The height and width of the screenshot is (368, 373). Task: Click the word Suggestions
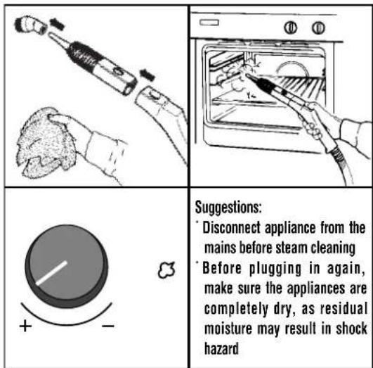tap(228, 208)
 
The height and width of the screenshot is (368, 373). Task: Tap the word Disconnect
tap(231, 227)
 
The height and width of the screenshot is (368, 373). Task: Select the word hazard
tap(221, 349)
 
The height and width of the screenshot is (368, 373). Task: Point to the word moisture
tap(228, 329)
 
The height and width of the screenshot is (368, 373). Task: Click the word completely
tap(236, 309)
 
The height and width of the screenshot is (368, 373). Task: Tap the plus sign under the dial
tap(25, 326)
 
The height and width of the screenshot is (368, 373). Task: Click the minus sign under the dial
tap(108, 326)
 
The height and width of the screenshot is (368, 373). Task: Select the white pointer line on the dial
tap(51, 273)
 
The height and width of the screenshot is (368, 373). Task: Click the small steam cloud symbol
tap(166, 270)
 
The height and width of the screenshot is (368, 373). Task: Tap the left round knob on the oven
tap(290, 28)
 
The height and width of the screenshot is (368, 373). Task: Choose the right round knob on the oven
tap(318, 28)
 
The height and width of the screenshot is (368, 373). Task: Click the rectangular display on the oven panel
tap(209, 23)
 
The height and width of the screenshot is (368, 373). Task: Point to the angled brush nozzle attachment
tap(30, 25)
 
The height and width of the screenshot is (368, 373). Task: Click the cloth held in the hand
tap(45, 143)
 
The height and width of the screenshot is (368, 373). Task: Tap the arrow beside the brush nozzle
tap(57, 25)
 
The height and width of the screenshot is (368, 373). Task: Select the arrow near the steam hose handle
tap(148, 75)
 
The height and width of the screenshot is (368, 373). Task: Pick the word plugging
tap(275, 269)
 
